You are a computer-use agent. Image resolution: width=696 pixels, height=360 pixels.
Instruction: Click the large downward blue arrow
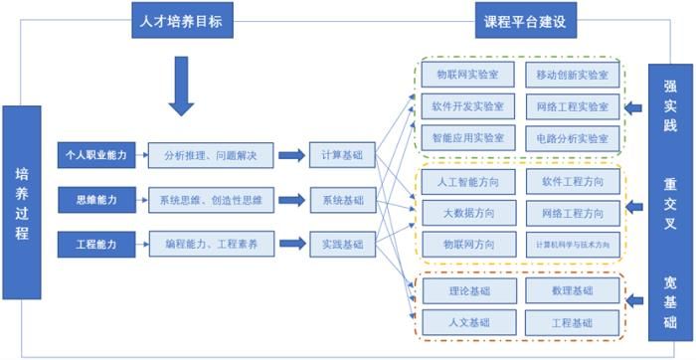(180, 87)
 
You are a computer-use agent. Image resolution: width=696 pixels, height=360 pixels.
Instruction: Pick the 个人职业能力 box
(94, 155)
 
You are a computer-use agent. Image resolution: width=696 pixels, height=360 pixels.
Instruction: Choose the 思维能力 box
(94, 200)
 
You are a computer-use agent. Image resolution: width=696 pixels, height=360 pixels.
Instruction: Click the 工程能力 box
(94, 242)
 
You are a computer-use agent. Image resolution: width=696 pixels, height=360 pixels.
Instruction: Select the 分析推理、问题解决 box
(209, 155)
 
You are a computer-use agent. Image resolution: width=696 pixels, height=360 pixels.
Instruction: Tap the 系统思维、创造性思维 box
(209, 200)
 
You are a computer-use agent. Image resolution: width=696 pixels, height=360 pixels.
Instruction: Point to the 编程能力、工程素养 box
(209, 242)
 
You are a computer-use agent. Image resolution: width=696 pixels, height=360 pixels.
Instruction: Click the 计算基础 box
(341, 155)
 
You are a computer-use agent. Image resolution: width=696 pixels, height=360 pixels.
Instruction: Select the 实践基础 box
(341, 242)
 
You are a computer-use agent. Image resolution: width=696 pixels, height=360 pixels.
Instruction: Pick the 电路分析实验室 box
(572, 137)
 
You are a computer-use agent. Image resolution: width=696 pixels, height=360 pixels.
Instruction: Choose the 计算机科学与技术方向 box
(572, 244)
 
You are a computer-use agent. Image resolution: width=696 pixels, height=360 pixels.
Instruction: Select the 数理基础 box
(572, 290)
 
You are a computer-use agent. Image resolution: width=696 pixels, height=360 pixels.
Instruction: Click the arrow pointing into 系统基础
(291, 200)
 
